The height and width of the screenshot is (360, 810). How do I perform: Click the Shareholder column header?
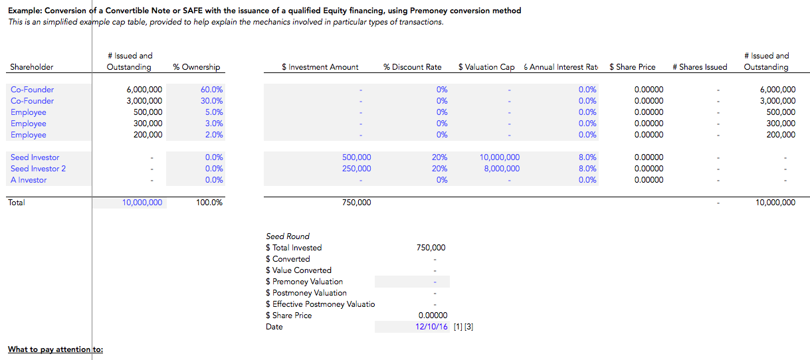pos(32,67)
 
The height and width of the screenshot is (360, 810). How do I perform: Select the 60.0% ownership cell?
pos(211,90)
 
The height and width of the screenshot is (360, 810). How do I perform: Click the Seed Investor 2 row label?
pos(38,169)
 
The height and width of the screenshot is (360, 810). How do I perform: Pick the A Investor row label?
pos(29,180)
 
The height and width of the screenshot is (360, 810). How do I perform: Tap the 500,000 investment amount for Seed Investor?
pos(356,157)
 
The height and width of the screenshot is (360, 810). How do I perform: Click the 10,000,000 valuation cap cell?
pos(499,157)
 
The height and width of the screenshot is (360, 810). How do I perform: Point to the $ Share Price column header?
pos(632,67)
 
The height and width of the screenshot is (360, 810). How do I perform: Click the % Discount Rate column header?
pos(412,67)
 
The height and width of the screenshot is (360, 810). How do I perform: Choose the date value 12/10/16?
pos(431,327)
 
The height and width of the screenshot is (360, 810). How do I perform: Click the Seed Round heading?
pos(288,236)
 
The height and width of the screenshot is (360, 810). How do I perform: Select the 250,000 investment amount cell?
pos(356,169)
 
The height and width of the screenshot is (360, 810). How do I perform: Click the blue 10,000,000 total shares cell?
pos(142,203)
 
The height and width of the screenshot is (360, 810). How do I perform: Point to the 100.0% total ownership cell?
pos(209,203)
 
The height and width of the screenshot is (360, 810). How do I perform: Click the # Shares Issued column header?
pos(700,67)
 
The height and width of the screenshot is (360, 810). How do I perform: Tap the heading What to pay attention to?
pos(55,349)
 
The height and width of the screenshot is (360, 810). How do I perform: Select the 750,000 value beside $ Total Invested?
pos(431,248)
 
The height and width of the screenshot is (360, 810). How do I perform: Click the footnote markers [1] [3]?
pos(463,327)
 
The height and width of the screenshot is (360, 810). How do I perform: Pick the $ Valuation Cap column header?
pos(486,67)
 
